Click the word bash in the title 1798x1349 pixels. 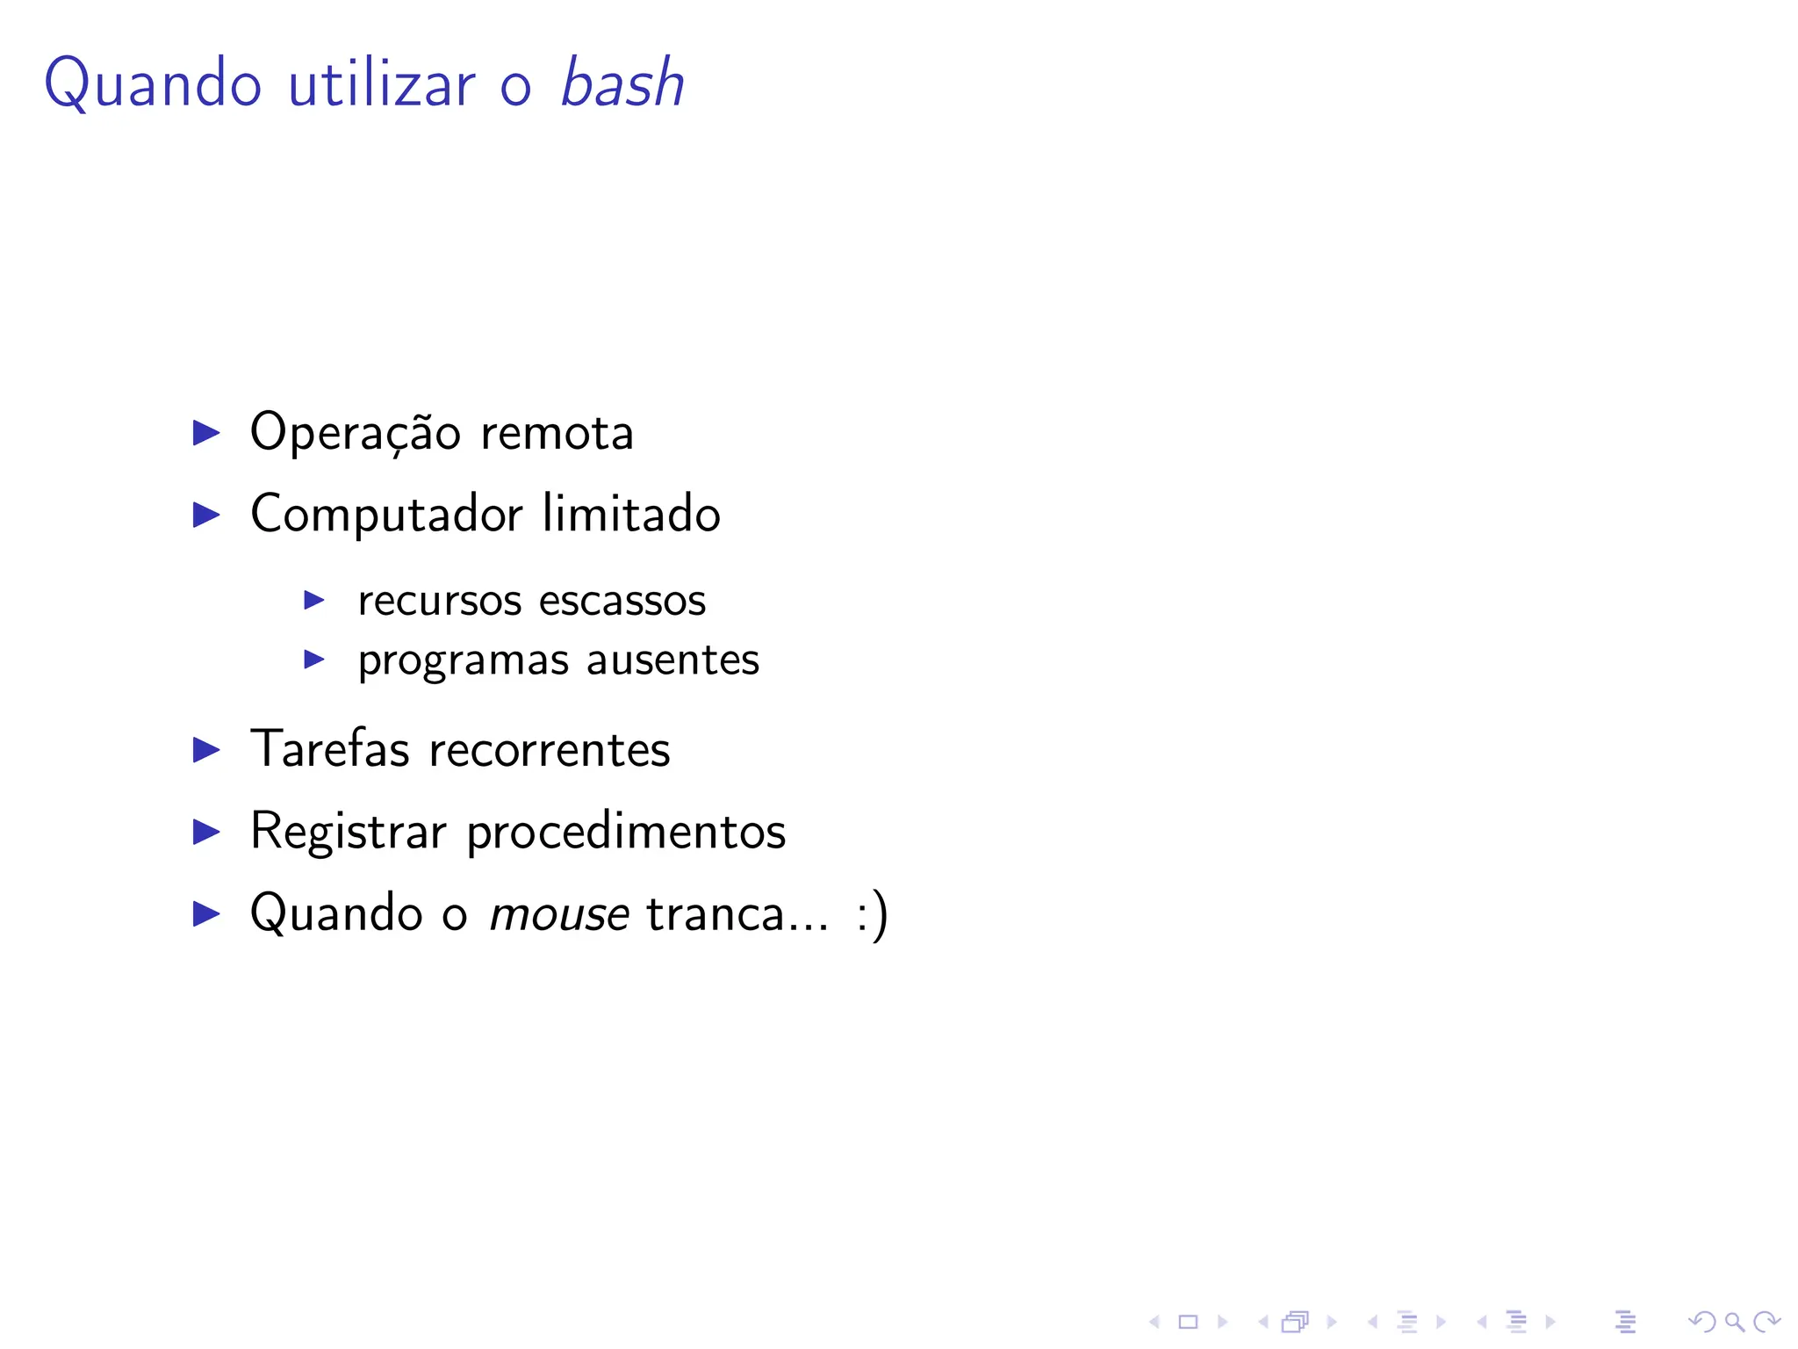(622, 84)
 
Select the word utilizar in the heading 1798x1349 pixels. (382, 84)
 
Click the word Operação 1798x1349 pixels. (356, 433)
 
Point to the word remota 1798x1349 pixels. (557, 433)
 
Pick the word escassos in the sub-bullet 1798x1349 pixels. (622, 601)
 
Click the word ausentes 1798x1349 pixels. (672, 660)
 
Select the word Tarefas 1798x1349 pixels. (330, 749)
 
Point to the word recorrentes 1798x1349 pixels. (550, 750)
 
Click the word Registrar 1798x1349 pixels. (349, 832)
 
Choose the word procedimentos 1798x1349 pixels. (626, 832)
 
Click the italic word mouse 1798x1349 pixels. (559, 914)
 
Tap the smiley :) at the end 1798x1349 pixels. (872, 914)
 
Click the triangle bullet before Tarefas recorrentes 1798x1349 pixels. (206, 750)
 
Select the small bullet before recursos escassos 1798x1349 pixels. (314, 601)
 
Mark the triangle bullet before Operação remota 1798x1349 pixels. (206, 432)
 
